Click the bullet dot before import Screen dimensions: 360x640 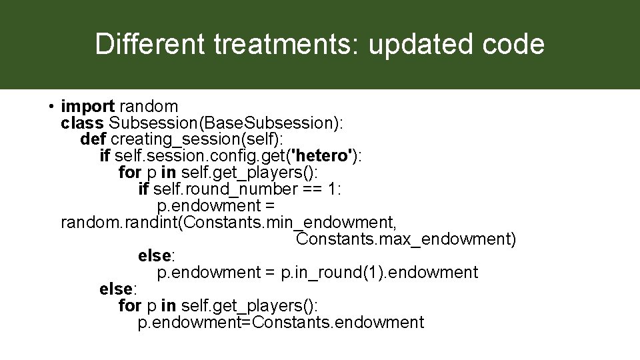51,107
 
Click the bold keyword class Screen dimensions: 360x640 81,123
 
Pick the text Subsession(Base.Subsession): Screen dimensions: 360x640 226,123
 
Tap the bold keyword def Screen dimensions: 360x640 93,139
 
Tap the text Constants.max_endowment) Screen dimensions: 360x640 406,239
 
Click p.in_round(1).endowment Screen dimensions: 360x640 379,273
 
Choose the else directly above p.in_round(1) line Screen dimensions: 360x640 156,256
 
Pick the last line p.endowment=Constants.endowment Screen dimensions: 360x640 281,323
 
